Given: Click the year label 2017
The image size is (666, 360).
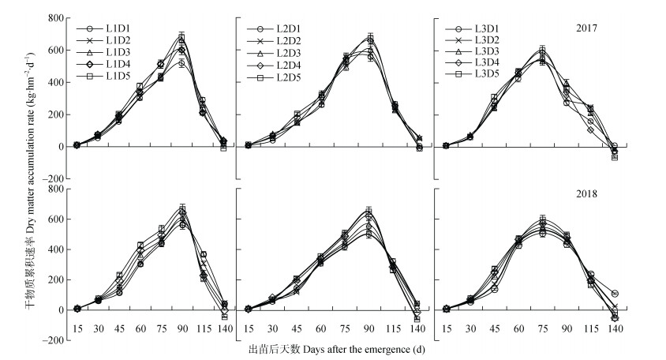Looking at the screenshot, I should coord(585,28).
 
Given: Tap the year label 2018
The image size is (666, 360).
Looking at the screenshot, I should coord(585,193).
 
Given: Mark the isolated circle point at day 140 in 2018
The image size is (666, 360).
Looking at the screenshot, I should coord(615,294).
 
